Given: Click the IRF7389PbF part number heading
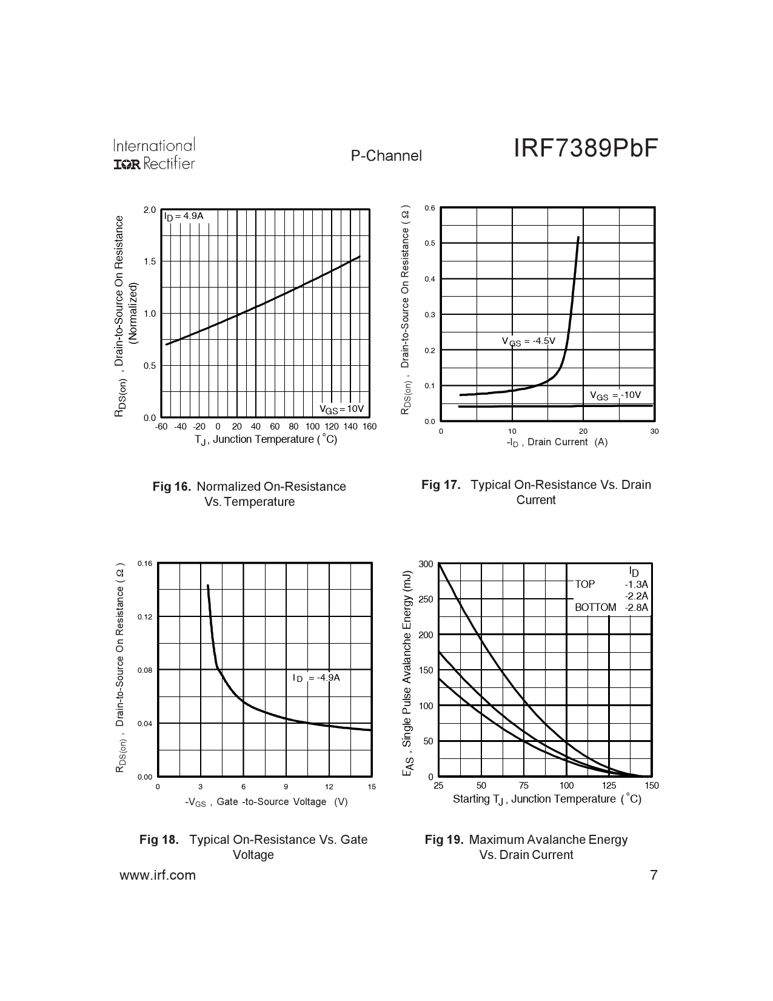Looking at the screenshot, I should point(585,148).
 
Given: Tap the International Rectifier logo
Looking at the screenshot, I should point(154,154).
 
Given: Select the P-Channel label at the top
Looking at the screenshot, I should point(386,156).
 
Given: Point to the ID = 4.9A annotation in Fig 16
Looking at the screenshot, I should point(184,216).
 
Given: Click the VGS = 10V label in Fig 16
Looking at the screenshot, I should point(341,408).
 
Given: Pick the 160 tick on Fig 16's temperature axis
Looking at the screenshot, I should point(369,426).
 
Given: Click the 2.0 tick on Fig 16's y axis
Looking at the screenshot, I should point(150,210).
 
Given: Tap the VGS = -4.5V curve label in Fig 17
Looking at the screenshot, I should point(528,341).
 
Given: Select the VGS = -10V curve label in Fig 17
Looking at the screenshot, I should point(615,395).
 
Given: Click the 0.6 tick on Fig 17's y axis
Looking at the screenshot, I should point(430,208).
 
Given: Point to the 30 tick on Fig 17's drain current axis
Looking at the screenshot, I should point(654,431).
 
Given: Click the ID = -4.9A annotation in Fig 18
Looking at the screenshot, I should point(316,678).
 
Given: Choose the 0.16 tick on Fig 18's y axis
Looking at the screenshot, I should point(145,564).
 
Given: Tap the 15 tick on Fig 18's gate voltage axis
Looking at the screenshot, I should point(372,786).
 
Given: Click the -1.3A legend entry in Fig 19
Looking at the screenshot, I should point(636,584).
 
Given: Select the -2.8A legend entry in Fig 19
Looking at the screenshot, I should point(636,607).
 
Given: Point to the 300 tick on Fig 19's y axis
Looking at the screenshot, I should point(426,564).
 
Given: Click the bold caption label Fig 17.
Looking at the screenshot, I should point(441,485).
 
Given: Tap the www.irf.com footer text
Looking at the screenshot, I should point(158,875).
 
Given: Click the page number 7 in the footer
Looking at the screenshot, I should point(654,875).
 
